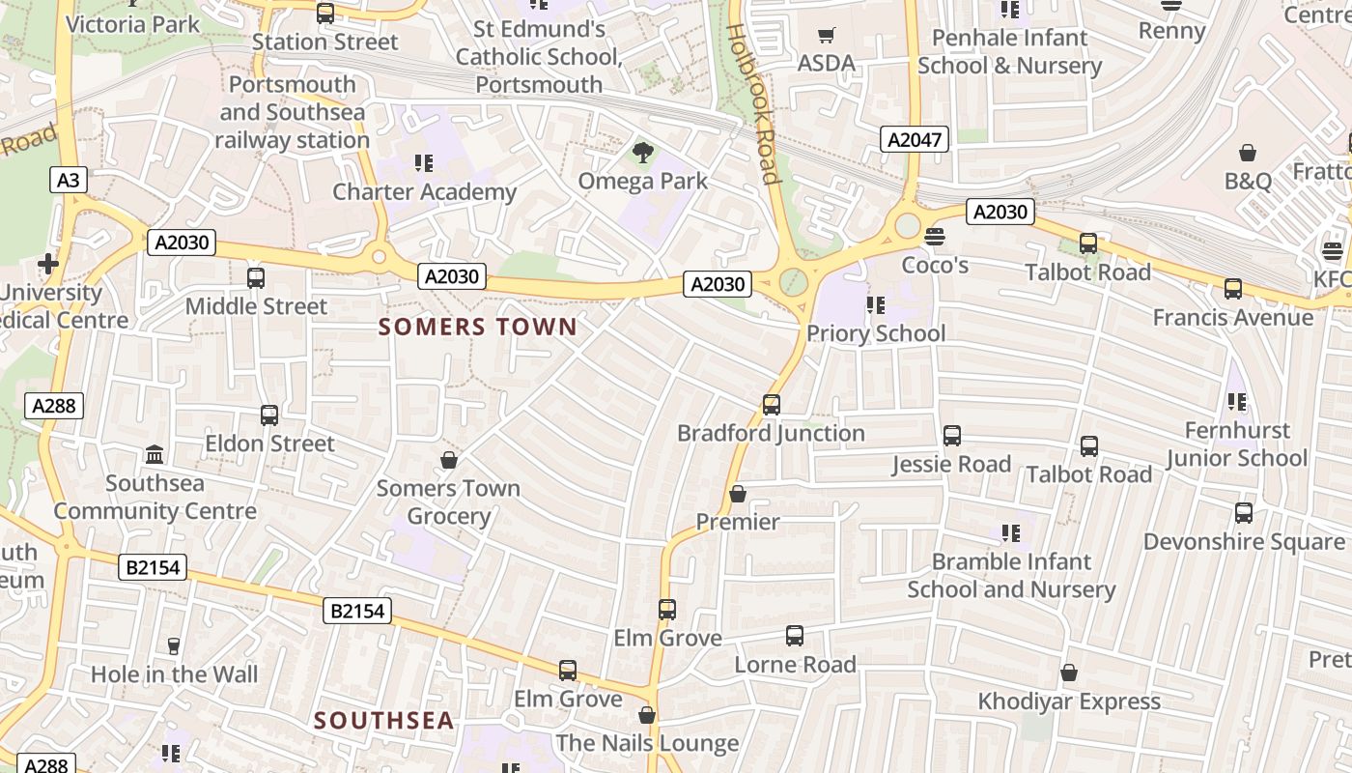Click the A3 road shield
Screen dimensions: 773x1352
(68, 180)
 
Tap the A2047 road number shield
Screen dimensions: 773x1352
(914, 140)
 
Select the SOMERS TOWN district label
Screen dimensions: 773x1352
(478, 327)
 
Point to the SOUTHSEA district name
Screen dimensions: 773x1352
(383, 720)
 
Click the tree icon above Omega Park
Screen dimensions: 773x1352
(642, 152)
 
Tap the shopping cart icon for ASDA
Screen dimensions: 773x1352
(826, 36)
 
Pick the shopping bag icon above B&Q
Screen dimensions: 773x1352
(1248, 153)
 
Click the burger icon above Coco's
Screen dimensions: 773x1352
(934, 236)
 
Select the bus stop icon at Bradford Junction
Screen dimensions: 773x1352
(771, 405)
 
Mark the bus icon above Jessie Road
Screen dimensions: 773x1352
(951, 436)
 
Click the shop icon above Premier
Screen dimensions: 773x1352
(738, 494)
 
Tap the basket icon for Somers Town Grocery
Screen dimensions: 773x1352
(448, 460)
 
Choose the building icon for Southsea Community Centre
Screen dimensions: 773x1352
(155, 454)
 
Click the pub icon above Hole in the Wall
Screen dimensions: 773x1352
(174, 645)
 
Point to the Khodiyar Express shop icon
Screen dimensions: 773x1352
(1068, 673)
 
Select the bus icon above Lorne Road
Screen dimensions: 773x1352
(794, 636)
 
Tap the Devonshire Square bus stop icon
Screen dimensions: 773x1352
(1243, 513)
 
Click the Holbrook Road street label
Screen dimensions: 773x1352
(753, 103)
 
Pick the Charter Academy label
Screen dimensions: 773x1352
(424, 191)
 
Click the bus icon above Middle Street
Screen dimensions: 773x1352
(256, 278)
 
